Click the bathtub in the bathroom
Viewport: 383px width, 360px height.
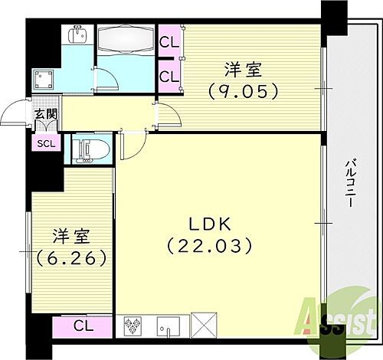[x=126, y=38]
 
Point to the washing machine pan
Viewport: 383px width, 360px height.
[x=43, y=80]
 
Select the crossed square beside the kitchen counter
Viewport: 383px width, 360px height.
[x=203, y=326]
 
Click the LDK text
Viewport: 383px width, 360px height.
[x=207, y=224]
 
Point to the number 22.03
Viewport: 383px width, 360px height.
[x=208, y=247]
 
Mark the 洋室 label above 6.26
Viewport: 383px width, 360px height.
[x=68, y=234]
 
